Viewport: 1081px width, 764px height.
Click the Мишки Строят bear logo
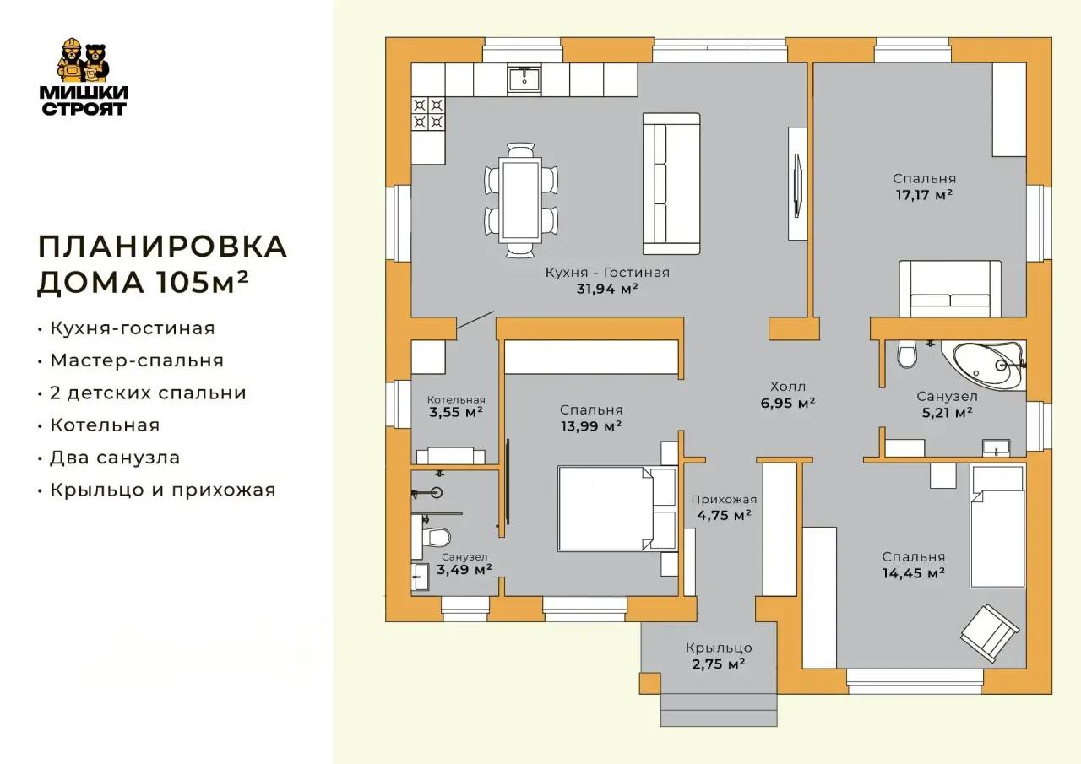[84, 76]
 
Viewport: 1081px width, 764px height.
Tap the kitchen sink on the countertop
[524, 79]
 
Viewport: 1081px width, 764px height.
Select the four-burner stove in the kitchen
[428, 114]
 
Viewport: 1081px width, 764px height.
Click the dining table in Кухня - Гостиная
[521, 200]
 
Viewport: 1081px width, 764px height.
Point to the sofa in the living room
[671, 184]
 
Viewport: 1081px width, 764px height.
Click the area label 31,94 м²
[607, 289]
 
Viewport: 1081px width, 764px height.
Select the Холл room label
[788, 387]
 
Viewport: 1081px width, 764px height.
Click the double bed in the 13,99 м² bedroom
[617, 508]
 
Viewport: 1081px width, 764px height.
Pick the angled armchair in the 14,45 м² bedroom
[990, 633]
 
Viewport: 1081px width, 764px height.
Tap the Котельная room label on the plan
[456, 400]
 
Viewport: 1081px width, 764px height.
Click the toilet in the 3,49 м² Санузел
[431, 536]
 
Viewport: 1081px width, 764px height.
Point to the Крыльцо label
[719, 648]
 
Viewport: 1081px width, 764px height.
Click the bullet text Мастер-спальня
[137, 360]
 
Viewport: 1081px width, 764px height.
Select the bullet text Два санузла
[115, 458]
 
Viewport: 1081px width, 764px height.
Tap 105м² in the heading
[202, 282]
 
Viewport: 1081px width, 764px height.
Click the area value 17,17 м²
[924, 195]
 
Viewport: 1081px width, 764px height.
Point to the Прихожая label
[724, 500]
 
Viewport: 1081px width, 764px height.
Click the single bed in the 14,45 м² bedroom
[997, 527]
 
